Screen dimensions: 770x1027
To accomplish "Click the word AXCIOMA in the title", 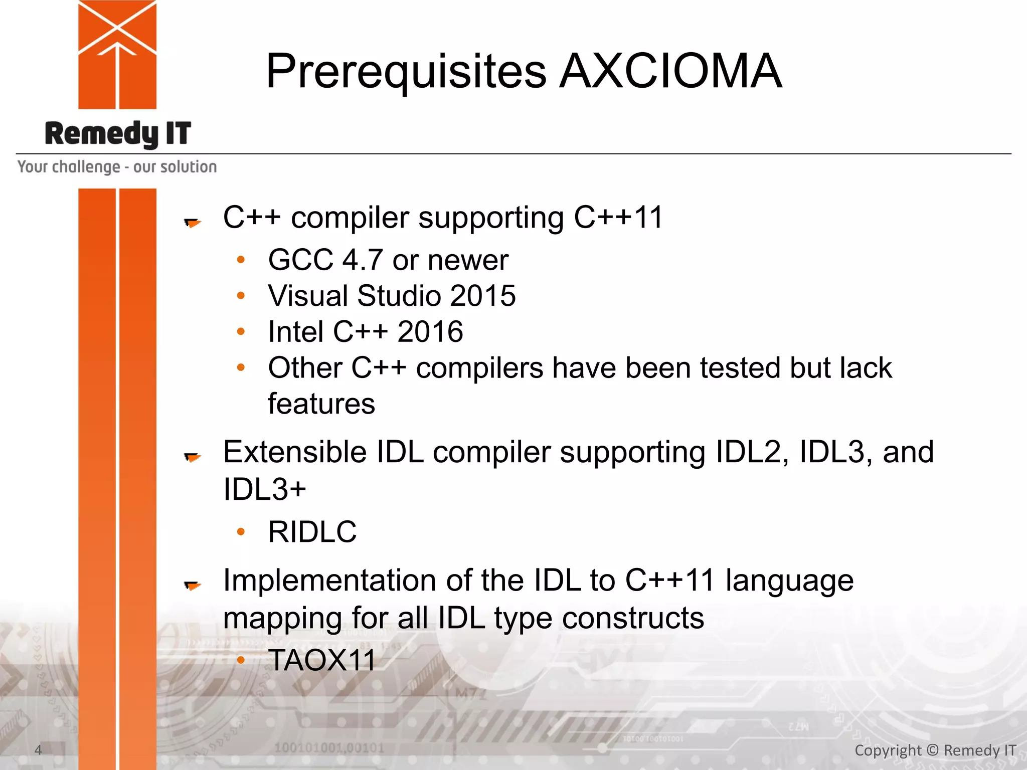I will click(x=670, y=71).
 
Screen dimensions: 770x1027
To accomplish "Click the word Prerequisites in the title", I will click(x=406, y=71).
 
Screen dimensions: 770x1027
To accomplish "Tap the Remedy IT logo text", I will click(x=118, y=134).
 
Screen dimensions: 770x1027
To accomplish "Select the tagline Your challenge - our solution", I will click(x=117, y=167).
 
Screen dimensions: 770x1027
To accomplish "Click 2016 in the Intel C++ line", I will click(x=430, y=332).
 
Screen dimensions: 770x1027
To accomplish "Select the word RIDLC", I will click(x=312, y=532).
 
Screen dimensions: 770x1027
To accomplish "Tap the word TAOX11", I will click(x=321, y=660).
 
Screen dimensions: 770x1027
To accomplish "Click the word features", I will click(x=321, y=404).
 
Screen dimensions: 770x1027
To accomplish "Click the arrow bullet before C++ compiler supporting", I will click(x=192, y=222).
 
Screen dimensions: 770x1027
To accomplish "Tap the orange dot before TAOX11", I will click(x=241, y=660).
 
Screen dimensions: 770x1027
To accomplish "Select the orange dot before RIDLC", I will click(x=241, y=531).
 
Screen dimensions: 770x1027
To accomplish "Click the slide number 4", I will click(x=38, y=750).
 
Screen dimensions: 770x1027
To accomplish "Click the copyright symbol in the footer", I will click(x=932, y=750).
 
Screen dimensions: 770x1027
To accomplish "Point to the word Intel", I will click(x=295, y=332).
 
